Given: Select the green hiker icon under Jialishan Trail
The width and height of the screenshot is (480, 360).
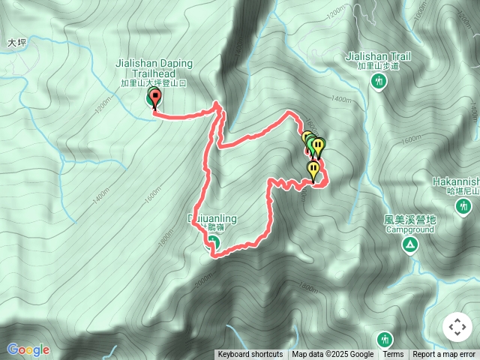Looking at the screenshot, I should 379,80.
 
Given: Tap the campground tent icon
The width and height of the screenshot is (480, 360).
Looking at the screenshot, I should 410,245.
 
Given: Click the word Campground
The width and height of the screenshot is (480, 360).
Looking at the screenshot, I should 410,229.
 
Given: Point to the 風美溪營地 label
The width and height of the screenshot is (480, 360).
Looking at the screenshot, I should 409,220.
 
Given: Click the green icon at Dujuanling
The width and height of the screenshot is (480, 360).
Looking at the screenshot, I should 212,241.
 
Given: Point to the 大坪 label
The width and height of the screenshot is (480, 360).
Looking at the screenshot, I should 16,43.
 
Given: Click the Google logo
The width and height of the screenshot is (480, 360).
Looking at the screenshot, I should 28,349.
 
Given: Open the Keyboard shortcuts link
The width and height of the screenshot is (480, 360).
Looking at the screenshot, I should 250,355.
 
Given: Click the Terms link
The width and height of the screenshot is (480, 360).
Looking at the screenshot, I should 393,355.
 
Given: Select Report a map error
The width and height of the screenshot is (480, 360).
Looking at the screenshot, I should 444,355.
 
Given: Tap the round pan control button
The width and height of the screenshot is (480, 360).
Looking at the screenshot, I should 457,327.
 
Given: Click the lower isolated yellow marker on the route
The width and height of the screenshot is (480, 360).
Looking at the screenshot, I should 313,170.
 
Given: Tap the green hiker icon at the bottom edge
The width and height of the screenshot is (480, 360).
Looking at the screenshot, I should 385,339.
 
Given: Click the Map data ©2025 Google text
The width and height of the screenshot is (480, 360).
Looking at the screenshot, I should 333,355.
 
